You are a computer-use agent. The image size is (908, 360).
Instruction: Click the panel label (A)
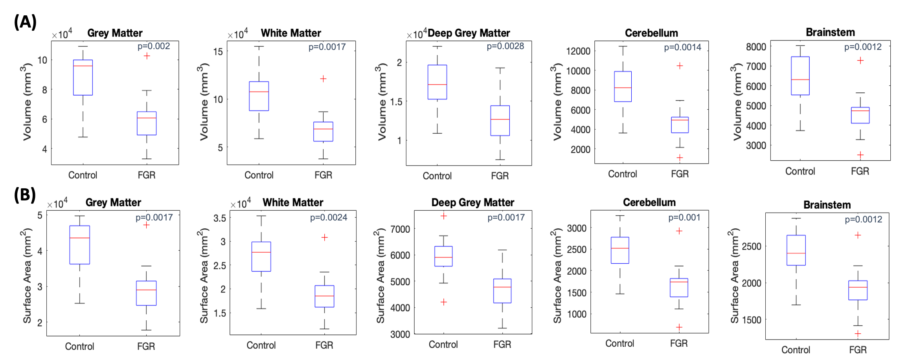point(25,22)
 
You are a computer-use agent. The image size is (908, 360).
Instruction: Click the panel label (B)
point(25,195)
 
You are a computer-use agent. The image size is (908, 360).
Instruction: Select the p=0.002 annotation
point(154,46)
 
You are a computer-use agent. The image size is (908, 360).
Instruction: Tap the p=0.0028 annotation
point(505,46)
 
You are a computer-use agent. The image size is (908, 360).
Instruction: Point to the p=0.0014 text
point(682,48)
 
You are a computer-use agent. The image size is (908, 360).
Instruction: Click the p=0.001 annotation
point(684,218)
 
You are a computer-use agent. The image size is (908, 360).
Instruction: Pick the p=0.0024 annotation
point(329,218)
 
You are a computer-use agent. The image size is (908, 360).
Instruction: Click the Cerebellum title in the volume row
point(651,33)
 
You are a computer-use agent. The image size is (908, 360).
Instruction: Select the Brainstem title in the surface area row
point(827,205)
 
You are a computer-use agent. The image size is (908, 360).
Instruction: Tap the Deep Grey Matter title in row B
point(472,202)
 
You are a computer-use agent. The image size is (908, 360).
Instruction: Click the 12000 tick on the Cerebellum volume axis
point(578,51)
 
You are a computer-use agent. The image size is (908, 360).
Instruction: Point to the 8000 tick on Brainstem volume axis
point(756,47)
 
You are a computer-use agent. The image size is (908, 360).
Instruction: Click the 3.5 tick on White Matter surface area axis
point(220,218)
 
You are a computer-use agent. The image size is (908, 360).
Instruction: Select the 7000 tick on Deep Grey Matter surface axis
point(400,229)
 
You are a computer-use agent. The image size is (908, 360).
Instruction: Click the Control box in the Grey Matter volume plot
point(83,77)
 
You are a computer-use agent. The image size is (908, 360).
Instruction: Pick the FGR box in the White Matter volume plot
point(323,132)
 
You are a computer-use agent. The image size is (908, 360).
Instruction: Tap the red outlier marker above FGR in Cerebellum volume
point(680,66)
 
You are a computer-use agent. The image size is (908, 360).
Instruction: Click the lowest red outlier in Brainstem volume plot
point(860,155)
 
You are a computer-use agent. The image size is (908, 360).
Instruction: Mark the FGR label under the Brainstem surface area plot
point(858,350)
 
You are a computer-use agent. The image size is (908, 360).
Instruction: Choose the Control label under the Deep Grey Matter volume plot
point(437,176)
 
